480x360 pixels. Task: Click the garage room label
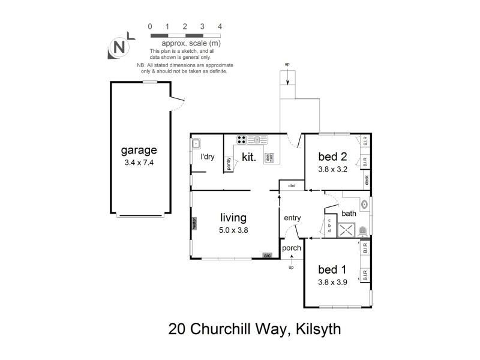tap(139, 150)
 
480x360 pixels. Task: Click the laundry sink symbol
tap(196, 144)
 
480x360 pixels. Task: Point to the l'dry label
tap(208, 157)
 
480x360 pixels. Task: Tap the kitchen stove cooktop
tap(241, 140)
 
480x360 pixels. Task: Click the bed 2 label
tap(333, 157)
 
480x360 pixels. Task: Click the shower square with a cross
tap(346, 230)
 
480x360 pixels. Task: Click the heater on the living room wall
tap(194, 223)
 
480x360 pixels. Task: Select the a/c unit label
tap(268, 256)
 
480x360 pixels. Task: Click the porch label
tap(291, 248)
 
